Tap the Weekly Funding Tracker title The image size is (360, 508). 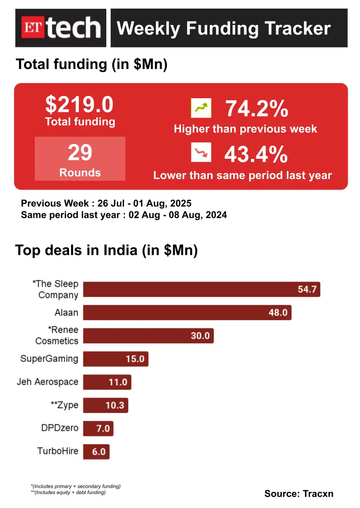(223, 28)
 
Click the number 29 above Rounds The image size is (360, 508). (80, 152)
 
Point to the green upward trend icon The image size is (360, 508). (201, 108)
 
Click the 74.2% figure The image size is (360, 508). (257, 109)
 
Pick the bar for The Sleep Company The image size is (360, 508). (201, 290)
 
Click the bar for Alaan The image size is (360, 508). (187, 313)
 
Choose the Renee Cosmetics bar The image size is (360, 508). (148, 336)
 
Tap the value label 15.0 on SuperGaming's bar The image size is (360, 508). (135, 359)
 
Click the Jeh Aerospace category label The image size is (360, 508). (47, 382)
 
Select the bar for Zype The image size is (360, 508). (105, 405)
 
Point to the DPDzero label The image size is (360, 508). (60, 428)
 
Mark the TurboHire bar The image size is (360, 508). (97, 451)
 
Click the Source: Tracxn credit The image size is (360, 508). (299, 493)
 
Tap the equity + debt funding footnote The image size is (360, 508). (68, 492)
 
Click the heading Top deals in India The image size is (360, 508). (106, 250)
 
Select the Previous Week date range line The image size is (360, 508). (106, 203)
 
